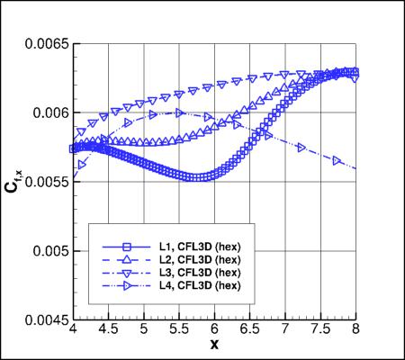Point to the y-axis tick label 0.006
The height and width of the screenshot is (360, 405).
[x=48, y=112]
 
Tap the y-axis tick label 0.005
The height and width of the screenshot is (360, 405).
[x=48, y=250]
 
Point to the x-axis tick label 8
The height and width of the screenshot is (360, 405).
[x=356, y=330]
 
